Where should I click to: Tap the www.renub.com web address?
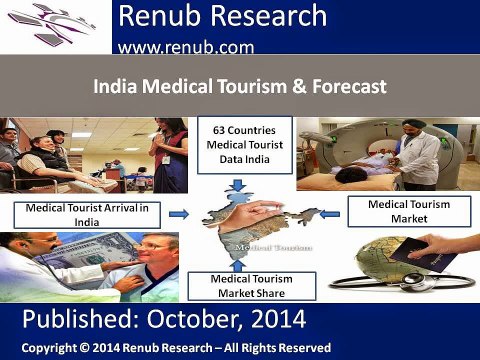[x=185, y=46]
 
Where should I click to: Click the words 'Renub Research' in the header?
[x=222, y=16]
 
